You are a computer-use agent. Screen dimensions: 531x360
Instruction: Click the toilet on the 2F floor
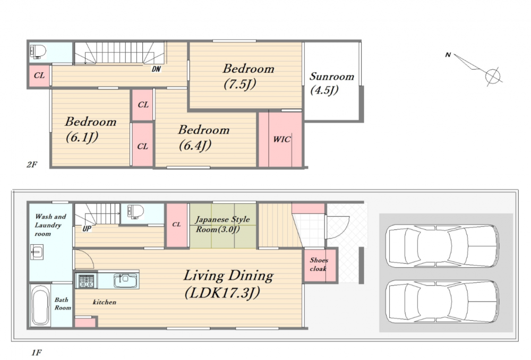coord(38,52)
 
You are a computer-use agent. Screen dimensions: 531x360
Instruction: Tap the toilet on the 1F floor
coord(135,212)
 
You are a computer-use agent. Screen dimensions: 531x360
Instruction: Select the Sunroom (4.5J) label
coord(331,83)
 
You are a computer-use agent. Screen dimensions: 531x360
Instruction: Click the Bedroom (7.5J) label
coord(248,76)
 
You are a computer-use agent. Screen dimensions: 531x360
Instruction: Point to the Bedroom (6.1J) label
coord(90,129)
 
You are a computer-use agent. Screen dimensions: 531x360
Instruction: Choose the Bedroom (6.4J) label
coord(203,137)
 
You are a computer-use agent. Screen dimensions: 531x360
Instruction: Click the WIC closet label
coord(282,139)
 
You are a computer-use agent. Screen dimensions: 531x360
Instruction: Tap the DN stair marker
coord(156,69)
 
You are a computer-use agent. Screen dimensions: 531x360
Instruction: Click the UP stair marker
coord(87,229)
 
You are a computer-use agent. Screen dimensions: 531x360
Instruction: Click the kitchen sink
coord(126,280)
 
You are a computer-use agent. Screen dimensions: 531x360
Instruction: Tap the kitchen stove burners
coord(87,281)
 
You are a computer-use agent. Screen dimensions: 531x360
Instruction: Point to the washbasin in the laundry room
coord(37,252)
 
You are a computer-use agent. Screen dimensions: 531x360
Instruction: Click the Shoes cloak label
coord(319,264)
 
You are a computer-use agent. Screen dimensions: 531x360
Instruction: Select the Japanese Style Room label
coord(222,224)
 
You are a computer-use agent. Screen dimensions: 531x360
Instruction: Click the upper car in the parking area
coord(442,246)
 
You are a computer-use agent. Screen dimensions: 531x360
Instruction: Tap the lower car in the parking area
coord(442,302)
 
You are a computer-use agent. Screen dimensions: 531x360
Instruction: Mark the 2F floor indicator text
coord(32,165)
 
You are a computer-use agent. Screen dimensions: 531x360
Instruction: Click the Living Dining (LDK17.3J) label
coord(228,284)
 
